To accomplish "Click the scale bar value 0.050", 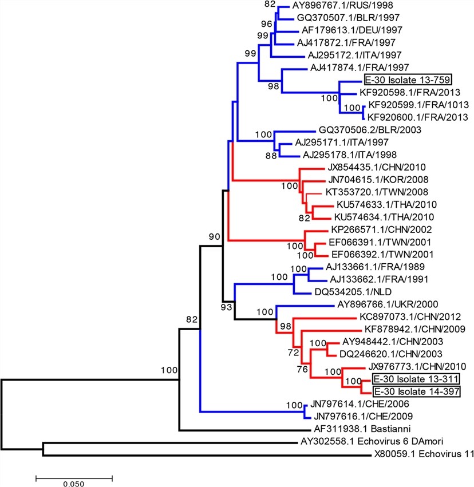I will point(74,483).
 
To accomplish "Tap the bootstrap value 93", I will point(228,308).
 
